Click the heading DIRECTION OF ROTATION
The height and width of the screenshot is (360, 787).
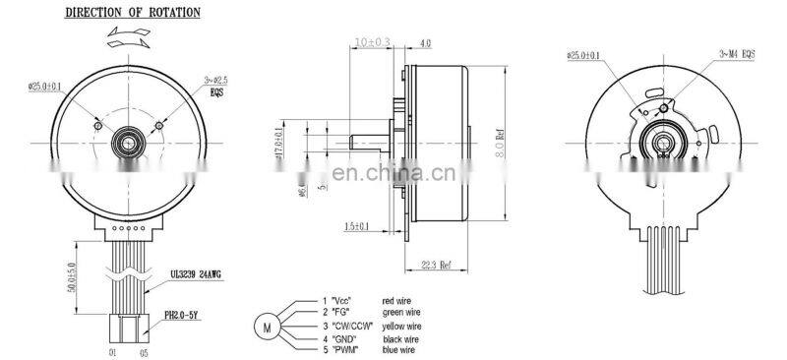[132, 14]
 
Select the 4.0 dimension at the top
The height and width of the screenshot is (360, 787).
[426, 43]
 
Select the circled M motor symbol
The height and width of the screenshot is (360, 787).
[266, 324]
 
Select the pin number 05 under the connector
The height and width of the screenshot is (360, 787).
[146, 349]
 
